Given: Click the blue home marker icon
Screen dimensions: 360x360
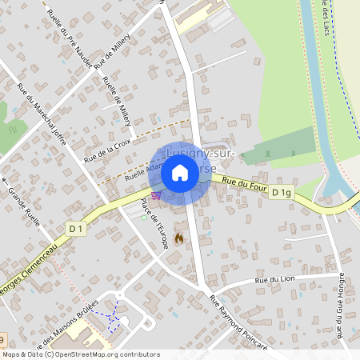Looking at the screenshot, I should (x=180, y=172).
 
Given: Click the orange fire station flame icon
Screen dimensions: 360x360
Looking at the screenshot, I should (x=178, y=238).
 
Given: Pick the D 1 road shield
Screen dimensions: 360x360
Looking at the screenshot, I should (x=76, y=229).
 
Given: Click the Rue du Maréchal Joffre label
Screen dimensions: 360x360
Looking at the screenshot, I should (x=40, y=107).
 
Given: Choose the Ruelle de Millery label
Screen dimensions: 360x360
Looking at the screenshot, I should (x=117, y=102).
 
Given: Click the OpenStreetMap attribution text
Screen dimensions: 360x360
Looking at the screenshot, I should (x=80, y=354).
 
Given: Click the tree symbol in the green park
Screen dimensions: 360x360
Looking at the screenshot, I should (x=12, y=127).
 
